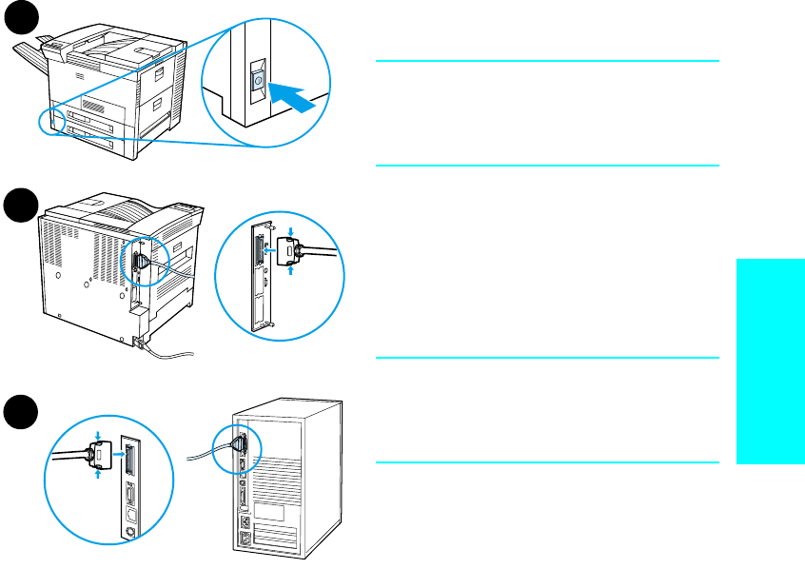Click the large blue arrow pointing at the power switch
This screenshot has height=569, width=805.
292,95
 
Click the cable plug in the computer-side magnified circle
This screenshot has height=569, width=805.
98,454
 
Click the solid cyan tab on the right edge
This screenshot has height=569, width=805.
770,362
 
